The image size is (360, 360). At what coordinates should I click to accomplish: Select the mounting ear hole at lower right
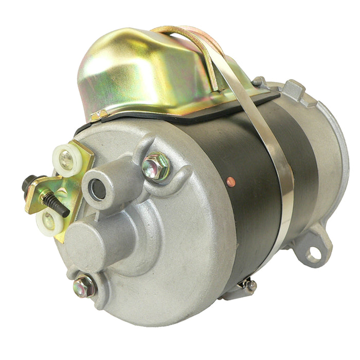click(x=313, y=253)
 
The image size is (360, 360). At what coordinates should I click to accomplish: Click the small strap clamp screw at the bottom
click(x=250, y=285)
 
